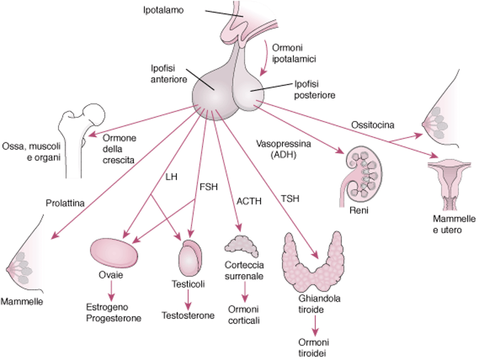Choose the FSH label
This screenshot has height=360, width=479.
tap(208, 187)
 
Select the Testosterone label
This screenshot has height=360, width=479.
tap(188, 315)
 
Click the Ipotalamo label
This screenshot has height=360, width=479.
tap(164, 10)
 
